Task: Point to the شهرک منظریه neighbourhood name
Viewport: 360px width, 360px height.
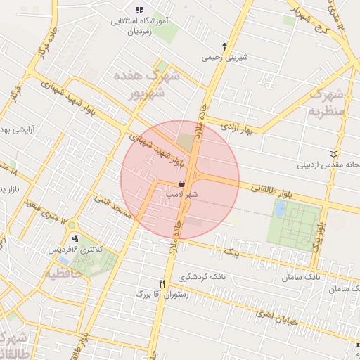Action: (x=328, y=102)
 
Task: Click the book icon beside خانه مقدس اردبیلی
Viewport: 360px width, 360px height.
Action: (x=333, y=153)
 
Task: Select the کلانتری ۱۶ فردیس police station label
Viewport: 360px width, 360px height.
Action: (x=71, y=248)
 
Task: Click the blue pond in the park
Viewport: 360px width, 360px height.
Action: (x=281, y=209)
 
